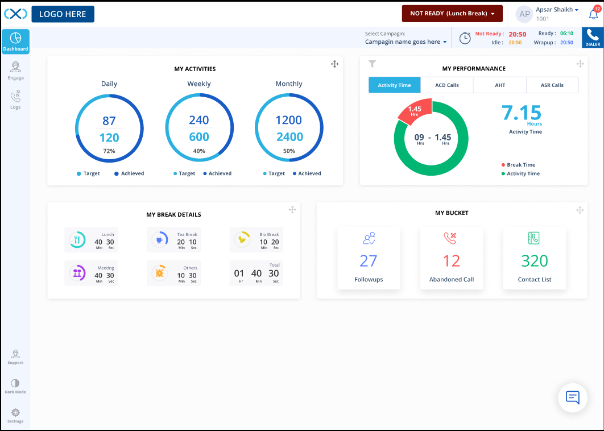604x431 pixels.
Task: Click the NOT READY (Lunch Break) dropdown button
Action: tap(452, 14)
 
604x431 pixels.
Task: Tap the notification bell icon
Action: tap(593, 14)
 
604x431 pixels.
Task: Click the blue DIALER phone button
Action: tap(593, 38)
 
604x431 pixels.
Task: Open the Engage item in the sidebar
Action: tap(15, 71)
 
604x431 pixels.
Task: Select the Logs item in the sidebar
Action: tap(15, 100)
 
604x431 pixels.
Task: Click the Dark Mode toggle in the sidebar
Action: tap(15, 386)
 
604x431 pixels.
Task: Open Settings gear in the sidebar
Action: tap(15, 415)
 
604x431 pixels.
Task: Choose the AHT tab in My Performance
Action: tap(499, 85)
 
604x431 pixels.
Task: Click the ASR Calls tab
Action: tap(552, 85)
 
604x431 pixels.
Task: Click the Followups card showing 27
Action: tap(369, 258)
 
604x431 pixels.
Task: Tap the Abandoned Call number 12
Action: tap(452, 261)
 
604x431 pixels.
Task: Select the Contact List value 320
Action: tap(535, 261)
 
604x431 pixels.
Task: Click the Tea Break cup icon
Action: tap(159, 240)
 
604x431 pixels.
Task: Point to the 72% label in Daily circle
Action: tap(109, 151)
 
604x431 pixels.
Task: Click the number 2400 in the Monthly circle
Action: tap(289, 137)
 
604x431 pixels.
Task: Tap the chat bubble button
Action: tap(573, 397)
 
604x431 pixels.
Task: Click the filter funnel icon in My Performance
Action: tap(372, 64)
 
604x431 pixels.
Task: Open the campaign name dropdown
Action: tap(406, 42)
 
